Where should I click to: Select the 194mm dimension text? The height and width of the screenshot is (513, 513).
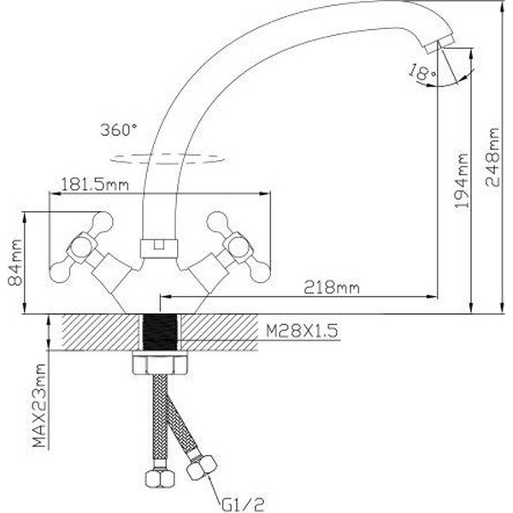462,181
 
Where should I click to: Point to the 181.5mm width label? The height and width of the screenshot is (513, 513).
94,183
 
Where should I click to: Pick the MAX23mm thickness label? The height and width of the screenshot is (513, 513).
38,407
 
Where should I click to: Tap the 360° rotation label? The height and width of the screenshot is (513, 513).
118,131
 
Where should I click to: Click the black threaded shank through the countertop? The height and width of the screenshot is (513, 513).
159,333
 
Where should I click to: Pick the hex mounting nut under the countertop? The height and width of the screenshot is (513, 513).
159,365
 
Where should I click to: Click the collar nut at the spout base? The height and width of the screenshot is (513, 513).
158,247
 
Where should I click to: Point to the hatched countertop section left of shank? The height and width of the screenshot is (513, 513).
94,333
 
